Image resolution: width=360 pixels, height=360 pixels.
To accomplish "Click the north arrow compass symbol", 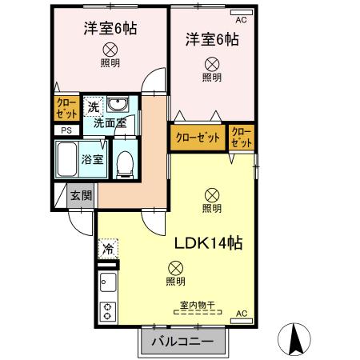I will [298, 339].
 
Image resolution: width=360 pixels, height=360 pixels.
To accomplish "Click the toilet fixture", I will [123, 162].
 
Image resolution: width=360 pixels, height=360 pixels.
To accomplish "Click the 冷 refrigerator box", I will [107, 249].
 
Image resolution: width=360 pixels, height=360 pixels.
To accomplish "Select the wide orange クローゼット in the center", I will [198, 137].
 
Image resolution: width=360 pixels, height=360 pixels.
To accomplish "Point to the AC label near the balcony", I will [242, 314].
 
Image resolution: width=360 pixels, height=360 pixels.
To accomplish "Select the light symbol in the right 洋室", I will [211, 63].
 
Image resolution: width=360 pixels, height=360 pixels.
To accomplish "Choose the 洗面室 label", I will [110, 123].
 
